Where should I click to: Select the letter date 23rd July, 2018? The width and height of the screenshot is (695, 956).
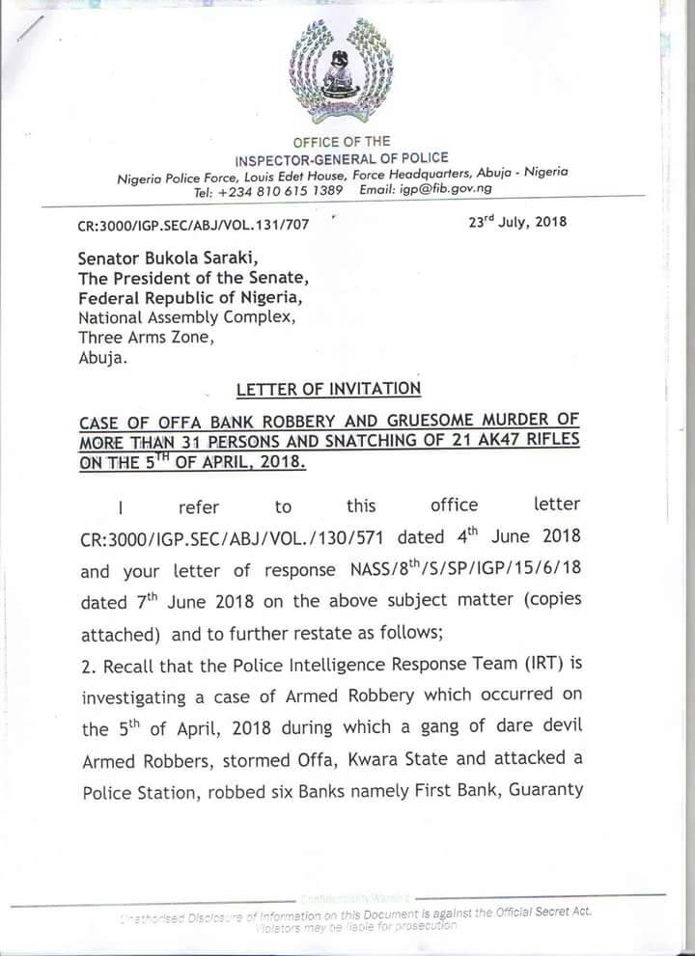pos(515,222)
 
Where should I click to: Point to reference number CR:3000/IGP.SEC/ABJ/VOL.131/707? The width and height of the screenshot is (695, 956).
pos(193,226)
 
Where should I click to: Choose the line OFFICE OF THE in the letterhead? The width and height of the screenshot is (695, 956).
pos(342,142)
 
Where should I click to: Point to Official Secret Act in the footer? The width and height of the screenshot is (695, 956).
pos(538,911)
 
